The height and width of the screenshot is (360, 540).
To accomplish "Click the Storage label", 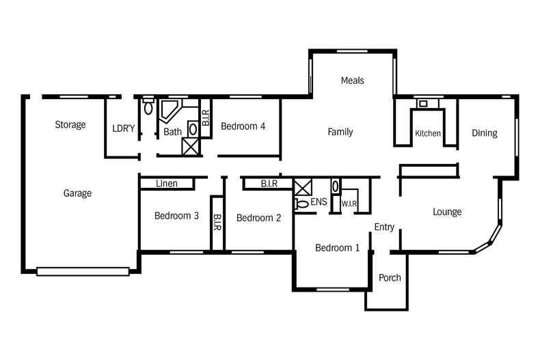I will [70, 125].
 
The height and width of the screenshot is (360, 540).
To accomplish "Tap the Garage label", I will [77, 193].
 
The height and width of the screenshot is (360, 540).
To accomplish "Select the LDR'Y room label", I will [124, 128].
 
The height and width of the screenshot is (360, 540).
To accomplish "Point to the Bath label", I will [172, 132].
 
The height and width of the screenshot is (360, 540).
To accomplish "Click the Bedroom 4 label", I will [243, 126].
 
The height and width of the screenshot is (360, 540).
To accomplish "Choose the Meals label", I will [352, 81].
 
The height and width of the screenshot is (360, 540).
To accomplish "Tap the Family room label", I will [340, 132].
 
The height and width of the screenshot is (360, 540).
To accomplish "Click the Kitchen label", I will [428, 133].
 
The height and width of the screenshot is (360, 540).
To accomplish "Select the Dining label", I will [485, 133].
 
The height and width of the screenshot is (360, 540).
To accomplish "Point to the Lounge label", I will [447, 212].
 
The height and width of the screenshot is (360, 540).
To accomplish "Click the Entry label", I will [384, 227].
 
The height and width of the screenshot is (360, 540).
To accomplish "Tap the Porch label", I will [390, 278].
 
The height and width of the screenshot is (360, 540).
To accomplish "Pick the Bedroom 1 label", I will [337, 248].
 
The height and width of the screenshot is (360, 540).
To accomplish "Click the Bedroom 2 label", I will [258, 218].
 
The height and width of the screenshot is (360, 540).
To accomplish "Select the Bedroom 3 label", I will [176, 216].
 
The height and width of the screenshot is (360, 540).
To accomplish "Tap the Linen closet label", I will [167, 184].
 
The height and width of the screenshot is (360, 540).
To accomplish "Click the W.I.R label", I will [349, 203].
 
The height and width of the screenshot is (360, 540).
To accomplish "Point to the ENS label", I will [319, 202].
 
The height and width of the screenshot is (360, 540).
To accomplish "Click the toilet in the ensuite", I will [301, 204].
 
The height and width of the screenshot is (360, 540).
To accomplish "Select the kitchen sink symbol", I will [423, 104].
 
